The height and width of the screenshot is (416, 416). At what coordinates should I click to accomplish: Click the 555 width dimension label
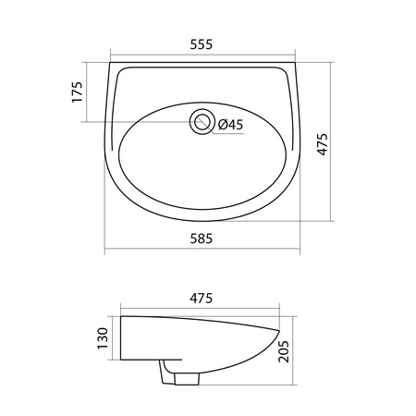pyautogui.click(x=202, y=44)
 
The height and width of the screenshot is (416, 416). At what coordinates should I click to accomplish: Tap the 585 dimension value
pyautogui.click(x=202, y=239)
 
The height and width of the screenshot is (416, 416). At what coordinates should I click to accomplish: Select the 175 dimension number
pyautogui.click(x=77, y=92)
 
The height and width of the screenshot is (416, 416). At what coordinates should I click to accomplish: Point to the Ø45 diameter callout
pyautogui.click(x=230, y=125)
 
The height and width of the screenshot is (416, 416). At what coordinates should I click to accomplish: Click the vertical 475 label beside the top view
pyautogui.click(x=323, y=144)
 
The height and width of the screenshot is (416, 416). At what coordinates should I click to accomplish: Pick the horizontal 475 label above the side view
pyautogui.click(x=202, y=299)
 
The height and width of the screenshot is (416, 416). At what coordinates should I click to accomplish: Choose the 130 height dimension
pyautogui.click(x=103, y=338)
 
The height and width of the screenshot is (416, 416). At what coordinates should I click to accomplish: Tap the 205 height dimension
pyautogui.click(x=284, y=351)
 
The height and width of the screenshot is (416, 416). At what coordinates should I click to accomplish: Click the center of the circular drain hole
pyautogui.click(x=202, y=122)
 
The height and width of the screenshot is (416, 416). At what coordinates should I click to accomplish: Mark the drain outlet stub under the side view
pyautogui.click(x=187, y=379)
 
